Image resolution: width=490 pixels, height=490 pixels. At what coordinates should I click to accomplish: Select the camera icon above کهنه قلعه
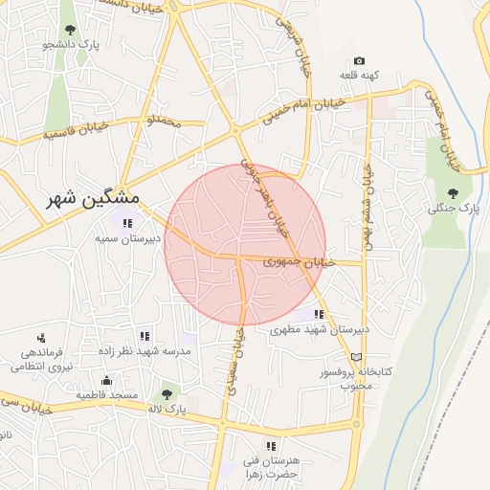click(x=359, y=59)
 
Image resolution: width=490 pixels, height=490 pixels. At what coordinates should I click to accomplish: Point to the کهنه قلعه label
click(x=362, y=75)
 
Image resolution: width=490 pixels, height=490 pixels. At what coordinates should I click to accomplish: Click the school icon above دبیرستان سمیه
click(x=127, y=223)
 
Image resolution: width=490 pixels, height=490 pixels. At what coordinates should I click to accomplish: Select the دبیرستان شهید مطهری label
click(x=319, y=329)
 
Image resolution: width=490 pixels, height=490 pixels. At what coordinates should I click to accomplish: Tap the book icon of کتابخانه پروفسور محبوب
click(x=357, y=357)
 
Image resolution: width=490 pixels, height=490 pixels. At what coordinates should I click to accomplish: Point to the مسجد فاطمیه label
click(x=107, y=395)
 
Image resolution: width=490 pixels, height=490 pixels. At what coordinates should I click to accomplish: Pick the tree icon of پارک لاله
click(x=167, y=392)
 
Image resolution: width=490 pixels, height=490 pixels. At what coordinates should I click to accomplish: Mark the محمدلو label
click(x=159, y=122)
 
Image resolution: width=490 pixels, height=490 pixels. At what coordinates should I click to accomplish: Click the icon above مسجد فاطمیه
click(x=105, y=380)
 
